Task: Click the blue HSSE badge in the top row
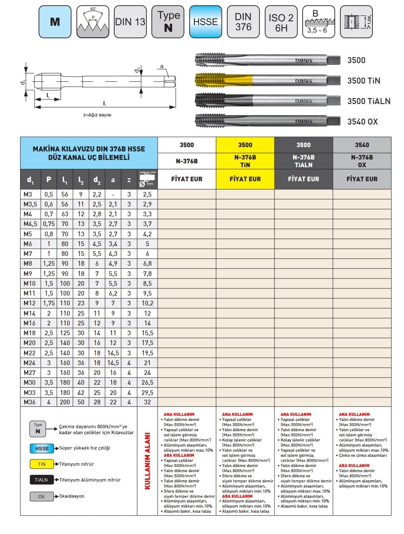(x=205, y=22)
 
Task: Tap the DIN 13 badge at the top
(x=130, y=22)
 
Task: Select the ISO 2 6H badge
(x=281, y=22)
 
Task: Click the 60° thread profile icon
(x=93, y=22)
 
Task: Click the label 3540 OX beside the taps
(x=363, y=122)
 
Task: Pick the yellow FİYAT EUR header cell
(x=245, y=179)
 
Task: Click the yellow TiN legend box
(x=42, y=464)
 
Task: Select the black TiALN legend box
(x=42, y=480)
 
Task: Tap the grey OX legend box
(x=42, y=496)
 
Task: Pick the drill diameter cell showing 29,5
(x=147, y=392)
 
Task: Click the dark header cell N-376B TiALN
(x=303, y=160)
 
